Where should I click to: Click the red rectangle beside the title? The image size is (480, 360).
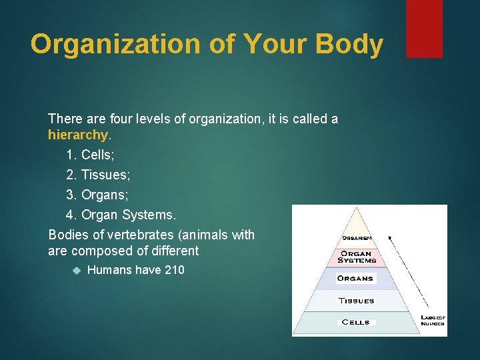(424, 28)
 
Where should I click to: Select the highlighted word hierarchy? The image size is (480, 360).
(77, 135)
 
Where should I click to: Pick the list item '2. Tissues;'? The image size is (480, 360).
(98, 175)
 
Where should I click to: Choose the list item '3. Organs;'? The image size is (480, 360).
(97, 195)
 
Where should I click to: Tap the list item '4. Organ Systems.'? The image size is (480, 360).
(121, 215)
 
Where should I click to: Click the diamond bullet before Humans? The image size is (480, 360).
(76, 271)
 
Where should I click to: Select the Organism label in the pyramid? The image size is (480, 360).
(357, 238)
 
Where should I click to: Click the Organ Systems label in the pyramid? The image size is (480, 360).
(357, 257)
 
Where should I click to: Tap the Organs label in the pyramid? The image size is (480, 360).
(355, 278)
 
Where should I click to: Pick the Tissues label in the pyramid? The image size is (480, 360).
(356, 301)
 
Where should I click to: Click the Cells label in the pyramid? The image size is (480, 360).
(355, 322)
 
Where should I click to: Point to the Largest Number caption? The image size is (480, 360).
(433, 320)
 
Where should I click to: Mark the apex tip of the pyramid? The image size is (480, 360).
(357, 209)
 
